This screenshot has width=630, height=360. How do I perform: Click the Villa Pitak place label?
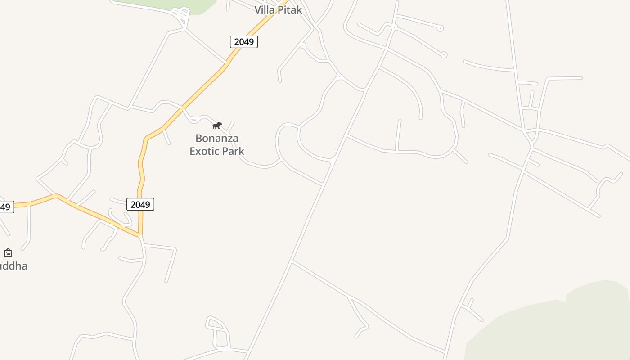[278, 9]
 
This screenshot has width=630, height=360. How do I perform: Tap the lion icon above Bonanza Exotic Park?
[217, 125]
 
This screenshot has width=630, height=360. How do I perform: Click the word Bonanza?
[217, 138]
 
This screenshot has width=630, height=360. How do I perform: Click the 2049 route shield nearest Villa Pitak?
[244, 42]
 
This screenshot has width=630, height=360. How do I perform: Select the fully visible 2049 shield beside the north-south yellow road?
[140, 204]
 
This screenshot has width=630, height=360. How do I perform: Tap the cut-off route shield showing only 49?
[5, 207]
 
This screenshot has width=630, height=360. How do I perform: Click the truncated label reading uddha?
[13, 266]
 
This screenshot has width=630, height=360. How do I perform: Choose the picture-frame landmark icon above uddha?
[8, 252]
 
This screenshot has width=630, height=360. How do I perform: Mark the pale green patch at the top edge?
[189, 5]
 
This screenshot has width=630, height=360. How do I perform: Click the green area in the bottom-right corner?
[562, 328]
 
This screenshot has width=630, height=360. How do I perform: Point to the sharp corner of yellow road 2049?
[140, 234]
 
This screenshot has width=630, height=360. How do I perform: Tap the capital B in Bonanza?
[198, 138]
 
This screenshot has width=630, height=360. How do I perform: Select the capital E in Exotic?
[193, 151]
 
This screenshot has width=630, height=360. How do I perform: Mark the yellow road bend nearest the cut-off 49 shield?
[56, 196]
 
